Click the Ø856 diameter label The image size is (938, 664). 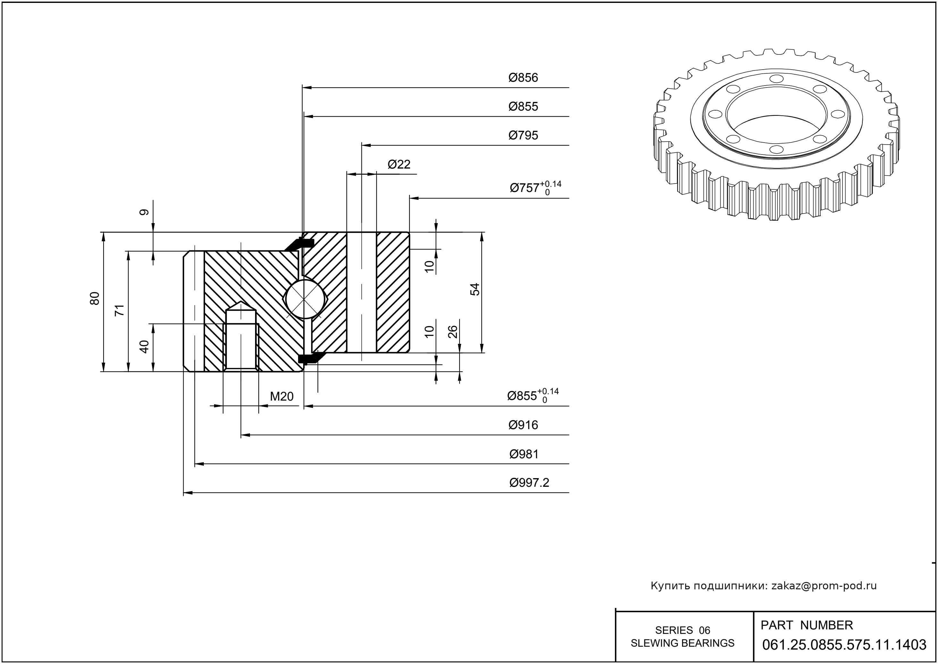[x=523, y=78]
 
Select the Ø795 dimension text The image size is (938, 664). [x=523, y=135]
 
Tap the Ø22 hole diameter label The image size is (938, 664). [x=399, y=164]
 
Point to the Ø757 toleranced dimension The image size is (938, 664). [x=535, y=188]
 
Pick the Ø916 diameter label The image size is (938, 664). [x=523, y=425]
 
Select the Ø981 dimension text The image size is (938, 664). [x=524, y=454]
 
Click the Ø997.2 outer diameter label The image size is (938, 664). [x=529, y=483]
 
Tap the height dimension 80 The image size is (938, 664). [x=95, y=298]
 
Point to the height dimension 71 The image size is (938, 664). [x=120, y=310]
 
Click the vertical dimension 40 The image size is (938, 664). [x=144, y=347]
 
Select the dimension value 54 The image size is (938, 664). [x=475, y=289]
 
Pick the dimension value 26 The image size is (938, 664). [x=452, y=332]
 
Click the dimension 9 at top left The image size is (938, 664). [x=144, y=212]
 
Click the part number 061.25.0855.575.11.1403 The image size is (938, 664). [x=844, y=645]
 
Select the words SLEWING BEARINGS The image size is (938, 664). [x=683, y=643]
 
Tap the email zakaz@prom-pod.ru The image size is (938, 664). [x=824, y=586]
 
